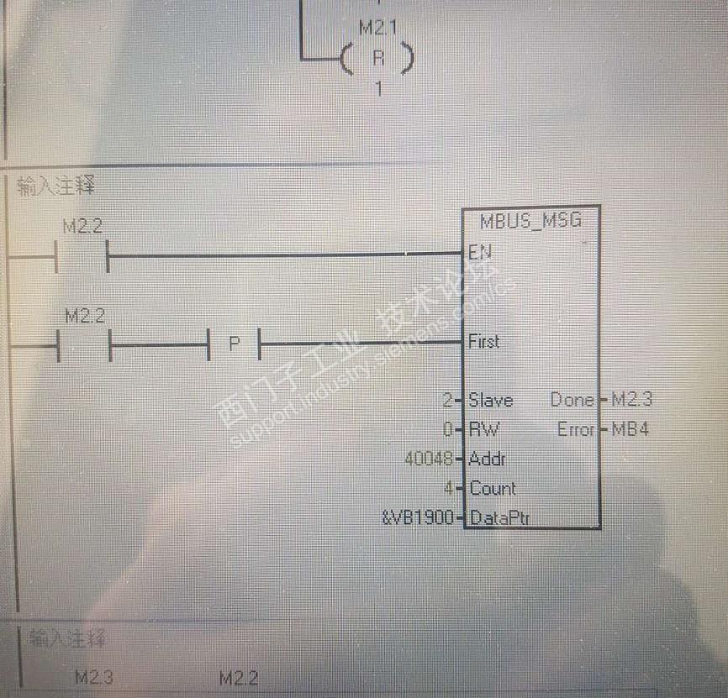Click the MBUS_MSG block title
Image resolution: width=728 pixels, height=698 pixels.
530,222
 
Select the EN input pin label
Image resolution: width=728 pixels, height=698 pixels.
480,251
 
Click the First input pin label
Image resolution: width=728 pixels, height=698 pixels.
484,341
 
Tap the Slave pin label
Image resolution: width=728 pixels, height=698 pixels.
491,400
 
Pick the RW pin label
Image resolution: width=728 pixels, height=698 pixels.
483,429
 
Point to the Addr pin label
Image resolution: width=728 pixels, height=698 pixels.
488,459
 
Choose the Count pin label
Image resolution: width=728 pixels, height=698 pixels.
493,488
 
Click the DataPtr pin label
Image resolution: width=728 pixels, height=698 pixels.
499,517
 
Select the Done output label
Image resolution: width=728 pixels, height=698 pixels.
572,400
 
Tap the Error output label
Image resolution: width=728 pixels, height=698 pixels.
576,429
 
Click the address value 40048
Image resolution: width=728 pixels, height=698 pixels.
429,459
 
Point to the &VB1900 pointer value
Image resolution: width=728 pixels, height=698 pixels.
418,517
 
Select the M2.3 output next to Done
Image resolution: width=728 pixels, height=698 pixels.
631,400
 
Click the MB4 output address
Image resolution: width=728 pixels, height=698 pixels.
629,429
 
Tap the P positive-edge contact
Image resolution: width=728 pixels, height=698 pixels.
234,344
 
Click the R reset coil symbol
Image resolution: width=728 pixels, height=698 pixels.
377,59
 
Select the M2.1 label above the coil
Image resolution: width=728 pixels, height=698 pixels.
378,28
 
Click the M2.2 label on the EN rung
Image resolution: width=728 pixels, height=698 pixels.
82,226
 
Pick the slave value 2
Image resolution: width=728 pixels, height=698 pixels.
446,400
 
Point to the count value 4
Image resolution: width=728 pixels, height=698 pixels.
449,488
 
